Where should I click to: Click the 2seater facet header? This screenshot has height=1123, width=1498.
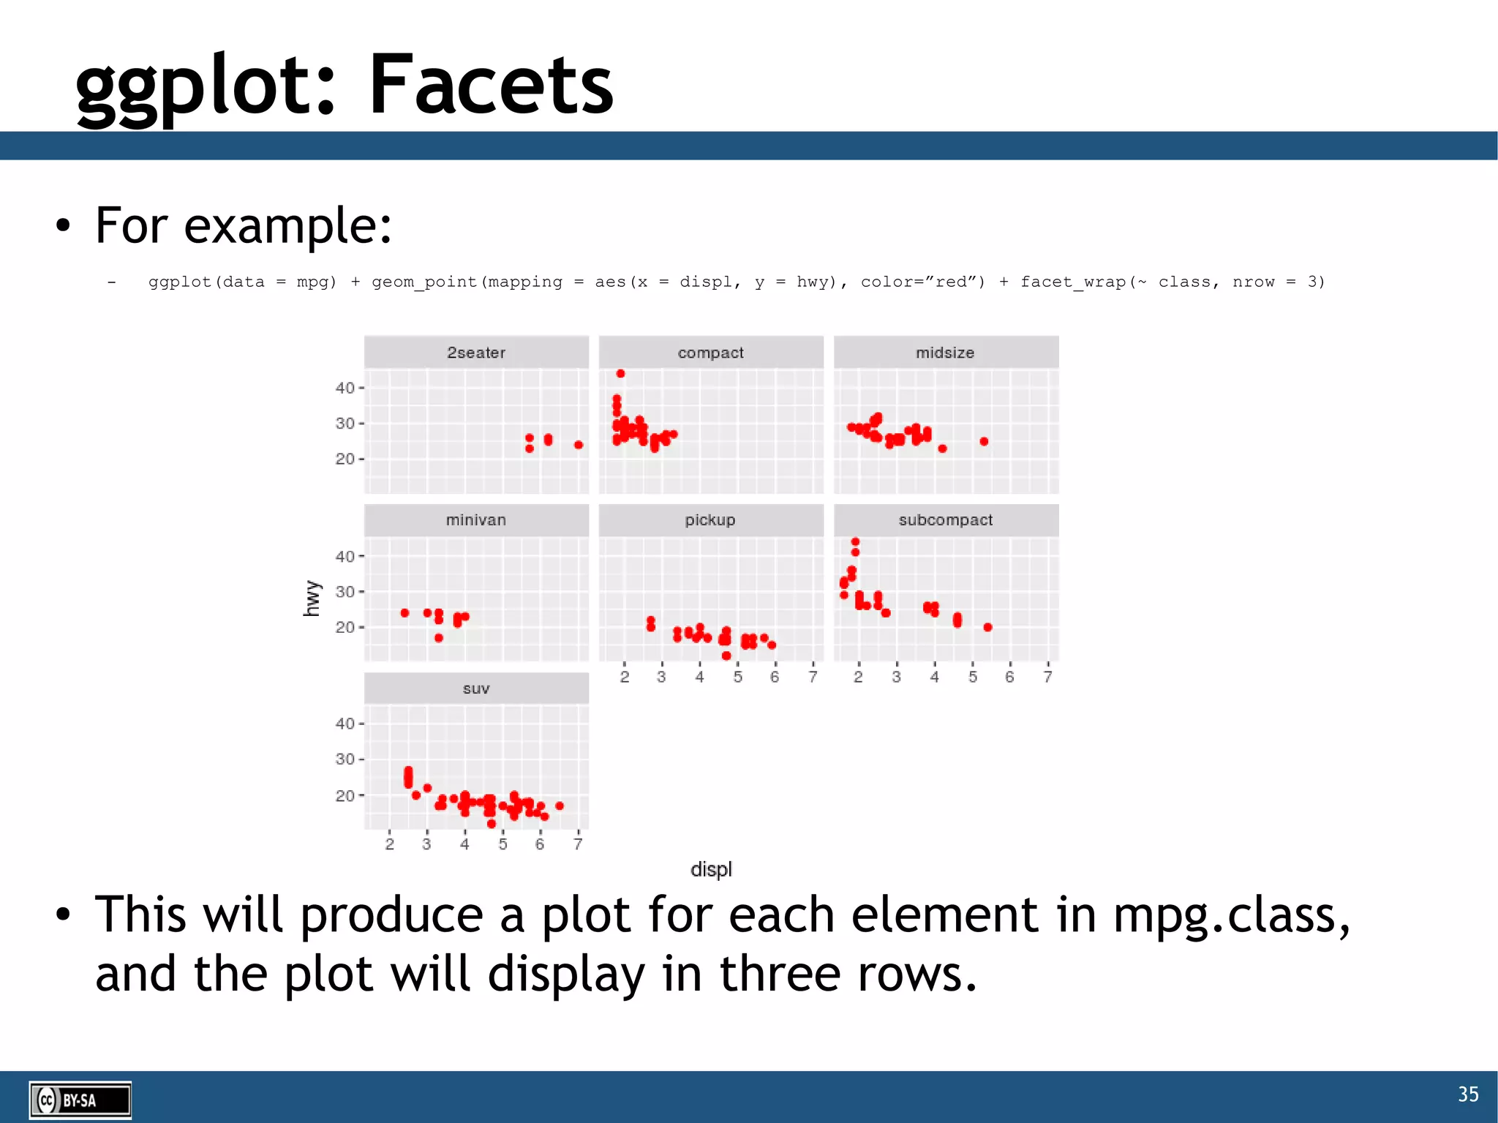(x=476, y=353)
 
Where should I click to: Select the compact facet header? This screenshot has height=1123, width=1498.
(x=710, y=353)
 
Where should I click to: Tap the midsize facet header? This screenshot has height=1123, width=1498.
(x=945, y=353)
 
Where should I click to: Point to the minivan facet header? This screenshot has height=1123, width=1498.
(x=476, y=520)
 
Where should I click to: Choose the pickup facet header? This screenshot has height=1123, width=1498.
(x=710, y=520)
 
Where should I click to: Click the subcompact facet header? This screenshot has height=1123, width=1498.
(x=945, y=520)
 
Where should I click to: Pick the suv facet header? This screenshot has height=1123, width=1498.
(x=476, y=688)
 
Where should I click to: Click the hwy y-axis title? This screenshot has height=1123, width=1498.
(x=312, y=598)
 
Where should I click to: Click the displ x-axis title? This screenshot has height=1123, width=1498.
(x=711, y=869)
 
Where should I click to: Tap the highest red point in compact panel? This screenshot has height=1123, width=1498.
(x=620, y=374)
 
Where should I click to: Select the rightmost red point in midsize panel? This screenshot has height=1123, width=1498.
(x=984, y=441)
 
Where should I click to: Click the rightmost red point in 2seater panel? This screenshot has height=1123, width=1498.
(x=579, y=445)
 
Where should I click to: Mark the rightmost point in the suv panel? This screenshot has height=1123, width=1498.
(x=560, y=805)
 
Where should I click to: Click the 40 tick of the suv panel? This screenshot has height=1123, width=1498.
(x=345, y=724)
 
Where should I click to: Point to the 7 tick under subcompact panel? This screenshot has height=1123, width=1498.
(x=1047, y=677)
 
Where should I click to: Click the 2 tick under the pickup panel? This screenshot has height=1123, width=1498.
(x=624, y=677)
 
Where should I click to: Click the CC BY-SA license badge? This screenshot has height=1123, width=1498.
(x=80, y=1100)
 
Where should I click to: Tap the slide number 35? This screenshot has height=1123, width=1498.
(x=1467, y=1094)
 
